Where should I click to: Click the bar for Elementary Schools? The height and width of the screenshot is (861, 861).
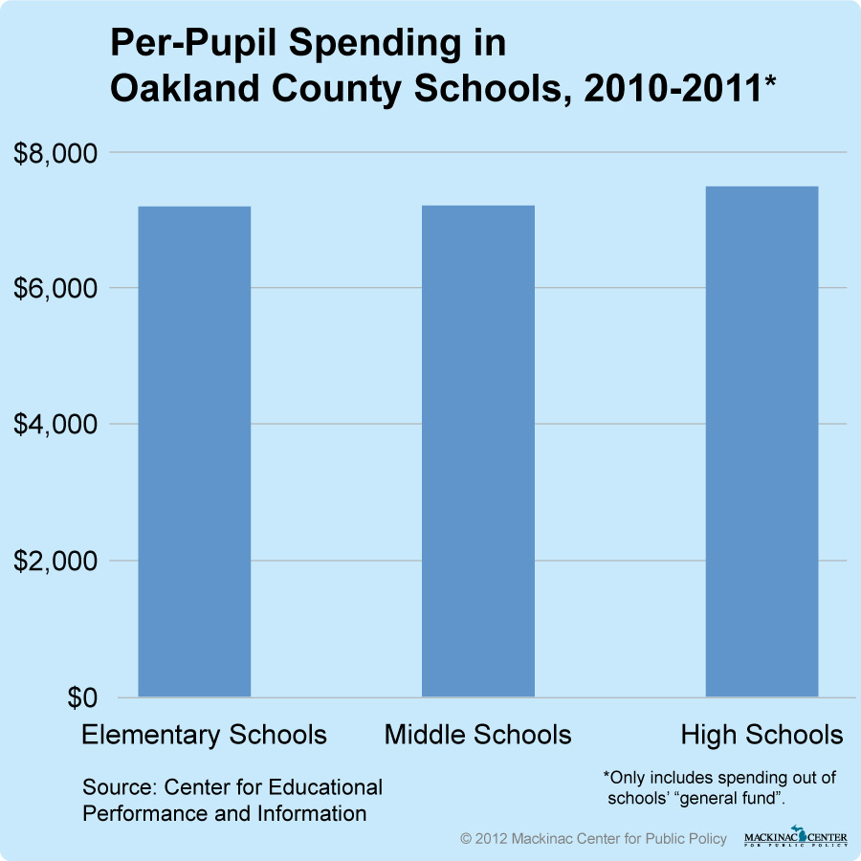click(x=195, y=451)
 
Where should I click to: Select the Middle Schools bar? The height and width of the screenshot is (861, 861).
click(x=478, y=451)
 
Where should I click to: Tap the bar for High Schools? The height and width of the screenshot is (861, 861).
click(x=762, y=441)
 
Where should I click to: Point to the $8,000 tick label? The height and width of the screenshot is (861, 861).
click(x=57, y=153)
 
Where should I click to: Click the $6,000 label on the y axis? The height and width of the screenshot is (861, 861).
click(x=57, y=289)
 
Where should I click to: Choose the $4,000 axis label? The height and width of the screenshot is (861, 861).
click(x=57, y=425)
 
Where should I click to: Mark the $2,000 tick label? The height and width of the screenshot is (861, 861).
click(x=57, y=561)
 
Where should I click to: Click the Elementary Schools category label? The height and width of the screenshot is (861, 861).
click(x=204, y=735)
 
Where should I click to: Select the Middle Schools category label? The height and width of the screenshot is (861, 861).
click(x=478, y=735)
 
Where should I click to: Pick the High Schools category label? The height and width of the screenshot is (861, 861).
click(x=762, y=735)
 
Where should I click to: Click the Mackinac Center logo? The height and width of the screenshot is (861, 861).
click(x=795, y=836)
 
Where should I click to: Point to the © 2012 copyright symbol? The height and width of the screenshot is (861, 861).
click(x=467, y=838)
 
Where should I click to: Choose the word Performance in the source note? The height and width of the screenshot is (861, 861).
click(x=144, y=814)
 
